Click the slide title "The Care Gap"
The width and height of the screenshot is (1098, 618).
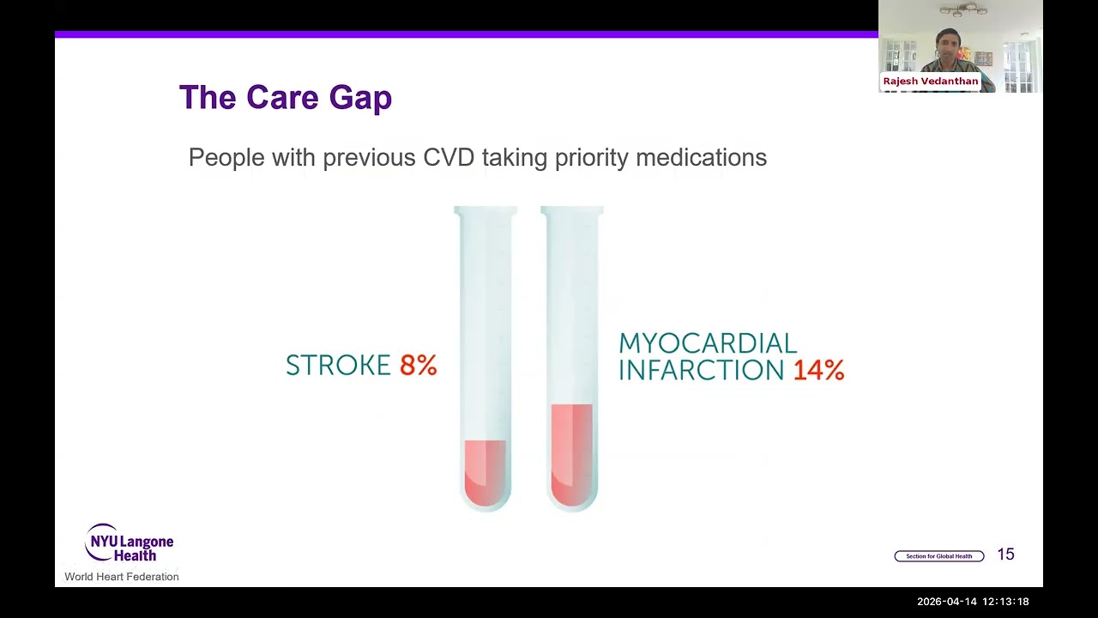point(285,98)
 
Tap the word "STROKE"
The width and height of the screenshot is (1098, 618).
point(338,366)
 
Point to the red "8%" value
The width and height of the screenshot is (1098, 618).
point(419,366)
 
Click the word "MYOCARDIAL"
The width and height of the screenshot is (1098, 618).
point(708,343)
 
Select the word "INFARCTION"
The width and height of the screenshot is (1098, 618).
point(701,371)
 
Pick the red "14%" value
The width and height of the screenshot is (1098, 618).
point(818,371)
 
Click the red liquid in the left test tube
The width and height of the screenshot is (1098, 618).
point(486,472)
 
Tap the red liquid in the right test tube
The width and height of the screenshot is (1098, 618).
point(571,455)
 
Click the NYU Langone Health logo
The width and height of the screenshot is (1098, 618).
point(130,542)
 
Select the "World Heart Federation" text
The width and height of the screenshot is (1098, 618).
point(122,577)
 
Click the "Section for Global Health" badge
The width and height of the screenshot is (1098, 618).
point(938,556)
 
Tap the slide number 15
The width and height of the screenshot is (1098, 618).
point(1005,554)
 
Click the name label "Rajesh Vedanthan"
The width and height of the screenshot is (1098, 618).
point(930,82)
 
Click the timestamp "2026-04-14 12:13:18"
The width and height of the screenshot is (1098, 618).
point(973,602)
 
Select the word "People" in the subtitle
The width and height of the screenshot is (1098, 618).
point(226,158)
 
